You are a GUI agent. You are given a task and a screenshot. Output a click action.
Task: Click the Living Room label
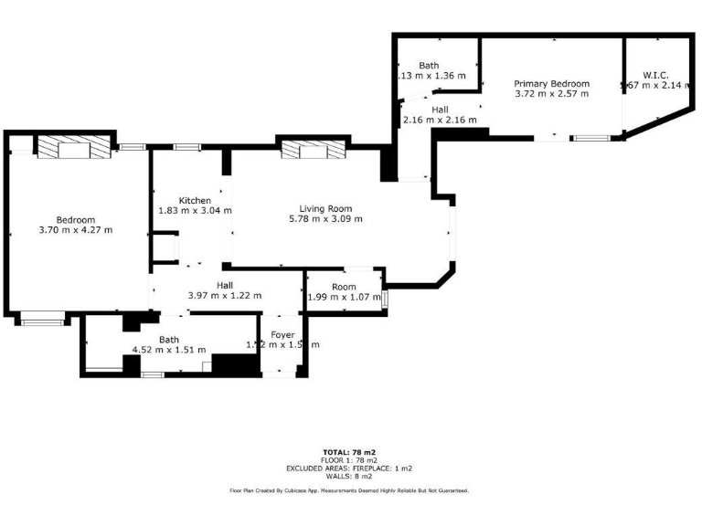pyautogui.click(x=325, y=208)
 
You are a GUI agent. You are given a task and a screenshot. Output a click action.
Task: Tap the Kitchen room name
pyautogui.click(x=195, y=201)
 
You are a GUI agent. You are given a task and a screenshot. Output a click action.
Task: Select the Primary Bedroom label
pyautogui.click(x=551, y=83)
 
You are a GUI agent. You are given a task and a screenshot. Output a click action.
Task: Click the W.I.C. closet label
pyautogui.click(x=655, y=75)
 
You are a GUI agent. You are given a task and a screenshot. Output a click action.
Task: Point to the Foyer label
pyautogui.click(x=282, y=335)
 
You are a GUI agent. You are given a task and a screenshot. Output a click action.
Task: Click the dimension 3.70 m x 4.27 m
pyautogui.click(x=76, y=230)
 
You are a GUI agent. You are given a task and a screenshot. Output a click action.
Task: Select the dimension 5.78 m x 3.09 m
pyautogui.click(x=325, y=219)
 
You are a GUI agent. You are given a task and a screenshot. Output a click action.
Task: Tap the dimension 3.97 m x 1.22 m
pyautogui.click(x=225, y=296)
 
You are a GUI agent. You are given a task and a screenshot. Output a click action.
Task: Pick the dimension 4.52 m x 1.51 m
pyautogui.click(x=169, y=350)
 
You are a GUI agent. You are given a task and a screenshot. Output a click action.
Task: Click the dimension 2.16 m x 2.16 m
pyautogui.click(x=440, y=120)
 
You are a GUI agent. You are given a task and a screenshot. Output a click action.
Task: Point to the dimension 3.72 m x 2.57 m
pyautogui.click(x=551, y=93)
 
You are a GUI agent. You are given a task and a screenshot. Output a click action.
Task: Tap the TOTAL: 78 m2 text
pyautogui.click(x=349, y=452)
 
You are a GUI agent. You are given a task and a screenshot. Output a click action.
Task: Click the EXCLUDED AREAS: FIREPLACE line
pyautogui.click(x=349, y=468)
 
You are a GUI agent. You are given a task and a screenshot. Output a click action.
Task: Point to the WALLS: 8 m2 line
pyautogui.click(x=349, y=476)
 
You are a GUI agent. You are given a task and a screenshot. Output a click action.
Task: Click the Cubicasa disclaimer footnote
pyautogui.click(x=349, y=490)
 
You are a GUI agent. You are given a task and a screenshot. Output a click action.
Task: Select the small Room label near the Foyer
pyautogui.click(x=344, y=287)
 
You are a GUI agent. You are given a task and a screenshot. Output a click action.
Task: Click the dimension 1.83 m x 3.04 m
pyautogui.click(x=195, y=211)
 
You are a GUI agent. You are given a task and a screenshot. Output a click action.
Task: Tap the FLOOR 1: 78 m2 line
pyautogui.click(x=349, y=460)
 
